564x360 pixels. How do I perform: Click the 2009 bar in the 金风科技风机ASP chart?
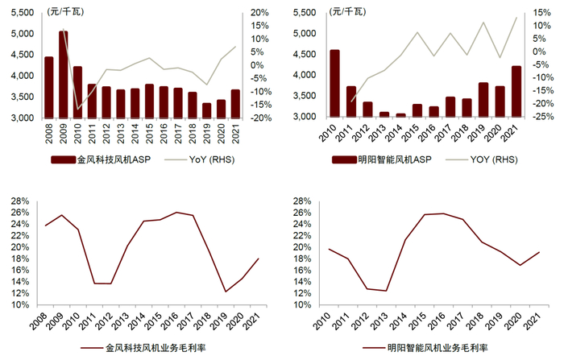point(63,75)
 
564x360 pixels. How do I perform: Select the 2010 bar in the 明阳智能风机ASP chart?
point(334,84)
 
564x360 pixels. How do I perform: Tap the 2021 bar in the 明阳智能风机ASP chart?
point(516,92)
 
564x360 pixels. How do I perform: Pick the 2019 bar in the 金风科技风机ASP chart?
point(207,110)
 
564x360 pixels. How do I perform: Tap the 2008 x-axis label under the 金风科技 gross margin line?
point(49,320)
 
